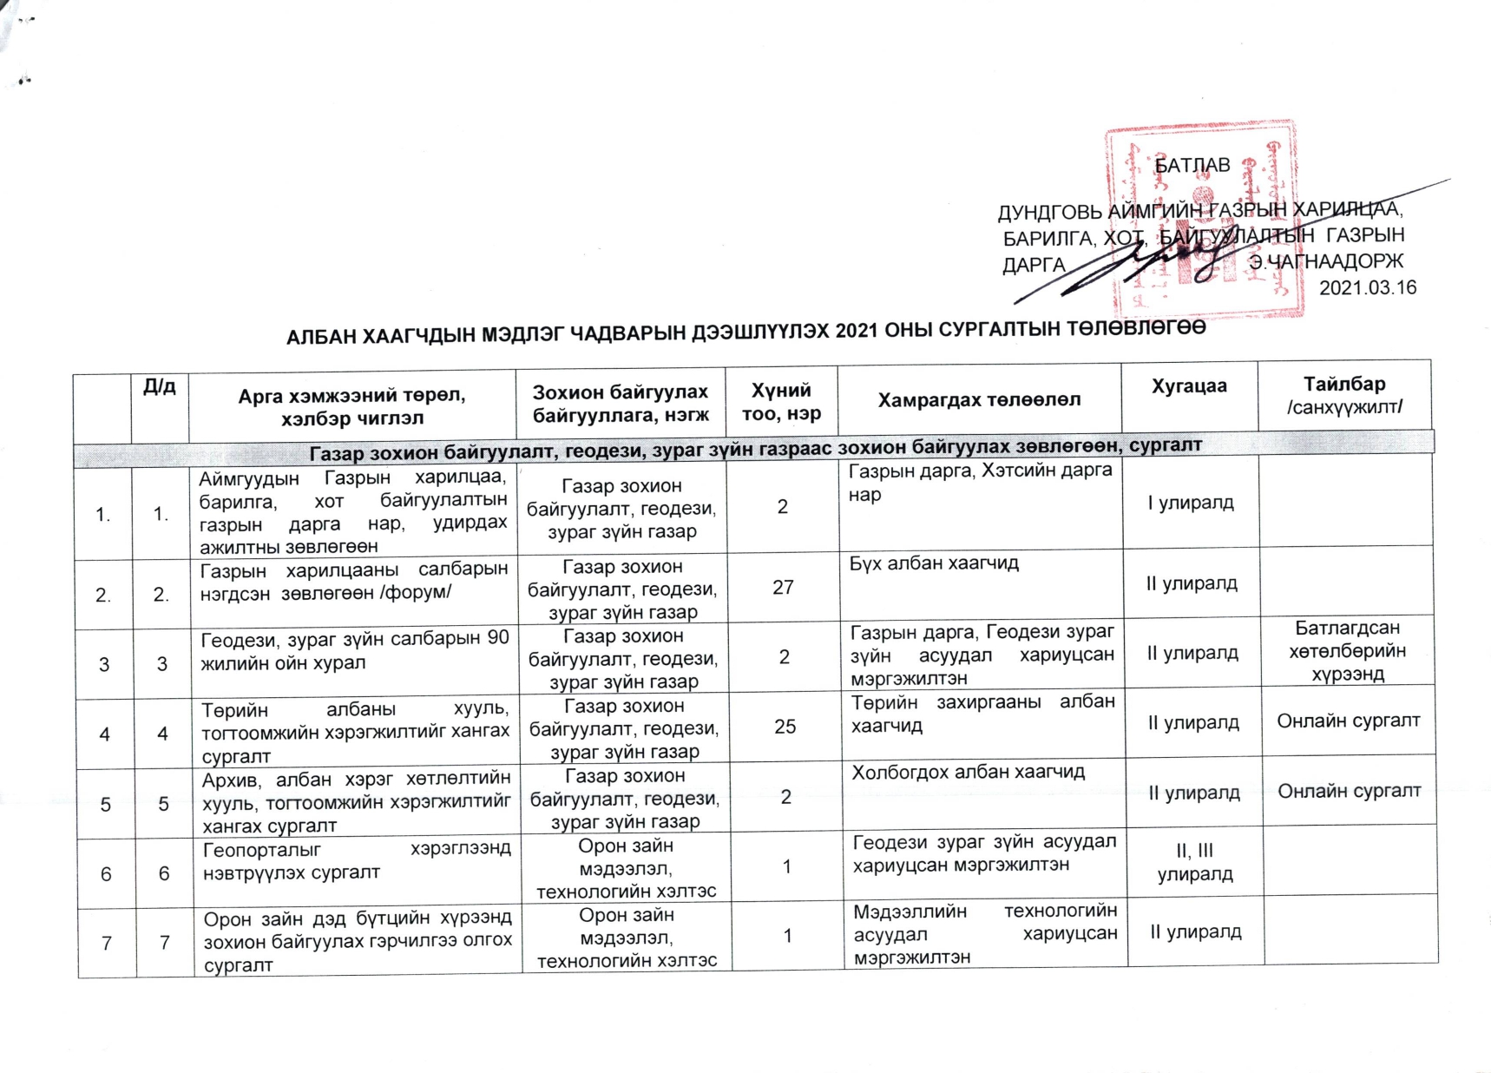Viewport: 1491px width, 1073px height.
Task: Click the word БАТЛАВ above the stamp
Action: click(1192, 165)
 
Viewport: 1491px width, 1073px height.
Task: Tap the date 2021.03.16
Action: click(1367, 287)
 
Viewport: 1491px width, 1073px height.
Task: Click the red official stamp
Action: click(1203, 221)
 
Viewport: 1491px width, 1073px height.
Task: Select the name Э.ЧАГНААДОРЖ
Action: click(1325, 261)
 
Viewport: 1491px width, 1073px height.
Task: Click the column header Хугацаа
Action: click(1188, 386)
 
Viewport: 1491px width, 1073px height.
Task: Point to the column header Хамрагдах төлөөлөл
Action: click(979, 399)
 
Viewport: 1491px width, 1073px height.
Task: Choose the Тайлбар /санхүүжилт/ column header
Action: click(1344, 395)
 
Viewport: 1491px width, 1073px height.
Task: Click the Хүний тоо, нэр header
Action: click(781, 402)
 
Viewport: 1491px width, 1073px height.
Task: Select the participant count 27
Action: click(783, 588)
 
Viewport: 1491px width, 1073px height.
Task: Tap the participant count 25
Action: click(785, 727)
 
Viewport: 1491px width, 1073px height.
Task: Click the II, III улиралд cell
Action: click(1194, 862)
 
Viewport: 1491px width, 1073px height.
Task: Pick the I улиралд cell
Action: click(1191, 503)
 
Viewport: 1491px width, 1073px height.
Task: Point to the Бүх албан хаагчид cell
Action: click(934, 563)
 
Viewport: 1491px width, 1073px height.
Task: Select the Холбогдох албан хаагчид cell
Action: click(968, 772)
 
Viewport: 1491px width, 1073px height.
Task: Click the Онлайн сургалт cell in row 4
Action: click(1348, 721)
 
